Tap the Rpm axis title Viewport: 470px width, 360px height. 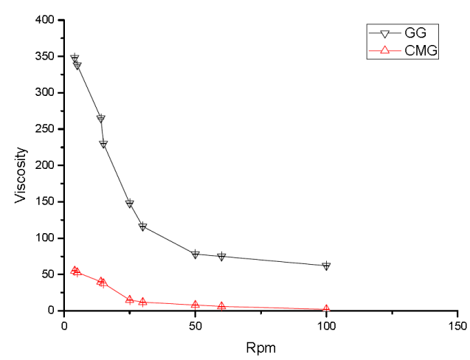(261, 346)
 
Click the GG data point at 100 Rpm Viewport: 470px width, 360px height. (326, 266)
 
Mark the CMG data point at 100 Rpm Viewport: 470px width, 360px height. (326, 310)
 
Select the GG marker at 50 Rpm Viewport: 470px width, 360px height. (196, 254)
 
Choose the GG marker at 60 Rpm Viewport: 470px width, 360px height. (221, 256)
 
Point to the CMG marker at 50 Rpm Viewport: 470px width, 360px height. (196, 304)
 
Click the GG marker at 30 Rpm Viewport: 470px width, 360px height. (143, 226)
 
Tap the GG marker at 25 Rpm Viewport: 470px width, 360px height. (130, 203)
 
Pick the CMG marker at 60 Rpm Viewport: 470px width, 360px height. (221, 306)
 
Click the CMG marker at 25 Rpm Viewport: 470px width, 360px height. (130, 300)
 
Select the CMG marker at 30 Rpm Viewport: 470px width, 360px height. (143, 302)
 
